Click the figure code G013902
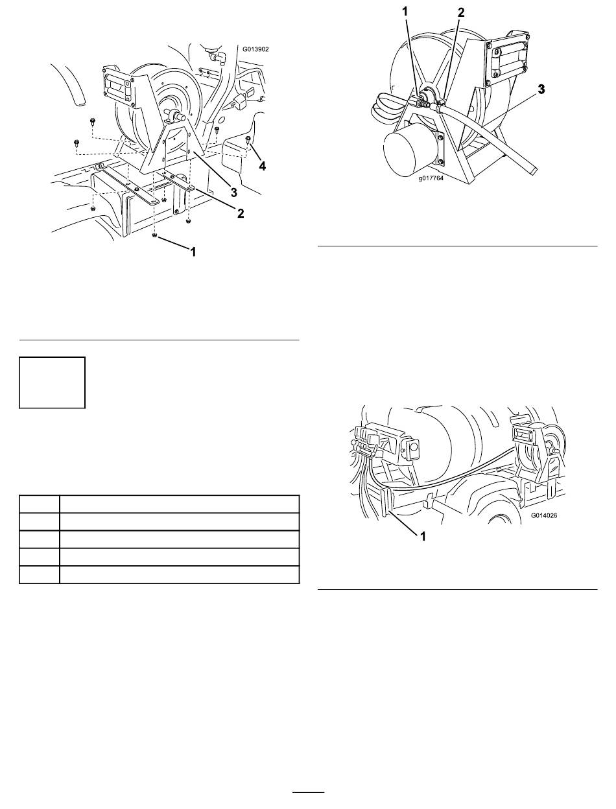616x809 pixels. [x=255, y=49]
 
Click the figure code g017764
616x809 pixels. [x=431, y=179]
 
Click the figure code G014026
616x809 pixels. [x=544, y=515]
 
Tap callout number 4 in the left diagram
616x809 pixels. [x=262, y=167]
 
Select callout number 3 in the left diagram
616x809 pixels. [x=233, y=193]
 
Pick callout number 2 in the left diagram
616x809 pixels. [x=241, y=213]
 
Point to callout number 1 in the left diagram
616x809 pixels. [x=193, y=252]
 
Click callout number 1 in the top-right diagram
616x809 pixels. [x=405, y=12]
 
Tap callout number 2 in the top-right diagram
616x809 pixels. [x=461, y=12]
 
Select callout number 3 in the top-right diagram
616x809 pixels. [x=541, y=89]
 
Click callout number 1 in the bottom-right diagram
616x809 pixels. [x=423, y=536]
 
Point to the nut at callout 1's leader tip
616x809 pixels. [x=155, y=235]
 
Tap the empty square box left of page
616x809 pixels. [x=52, y=382]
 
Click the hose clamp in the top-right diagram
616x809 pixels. [x=439, y=106]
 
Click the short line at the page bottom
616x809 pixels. [x=309, y=791]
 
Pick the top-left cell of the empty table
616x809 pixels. [x=40, y=504]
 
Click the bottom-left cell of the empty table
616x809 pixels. [x=40, y=574]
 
